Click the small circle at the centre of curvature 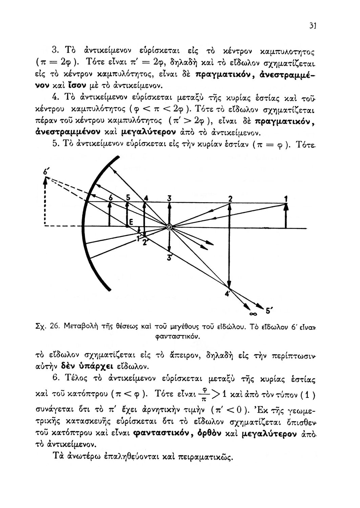(169, 227)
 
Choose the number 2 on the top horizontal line (230, 198)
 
